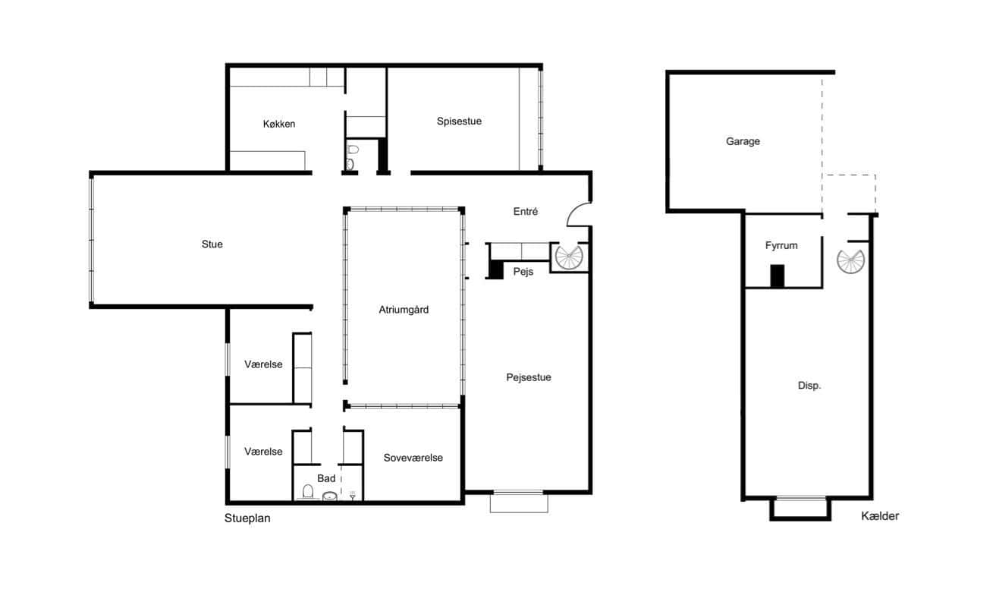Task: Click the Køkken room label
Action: (x=279, y=124)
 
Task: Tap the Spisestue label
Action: (x=459, y=121)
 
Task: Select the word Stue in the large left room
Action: (x=212, y=244)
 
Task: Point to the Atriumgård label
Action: (x=404, y=310)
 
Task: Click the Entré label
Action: (x=526, y=211)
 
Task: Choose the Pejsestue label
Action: (x=529, y=377)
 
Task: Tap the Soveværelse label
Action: (x=413, y=458)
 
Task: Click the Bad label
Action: (x=326, y=478)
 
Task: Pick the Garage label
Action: (x=743, y=141)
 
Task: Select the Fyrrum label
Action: (x=781, y=245)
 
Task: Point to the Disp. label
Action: (x=809, y=386)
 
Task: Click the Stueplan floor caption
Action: (x=247, y=518)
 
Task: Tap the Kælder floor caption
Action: (x=880, y=516)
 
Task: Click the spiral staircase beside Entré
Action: (x=569, y=257)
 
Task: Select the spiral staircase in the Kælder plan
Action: (x=850, y=261)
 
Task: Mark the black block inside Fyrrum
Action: (x=778, y=276)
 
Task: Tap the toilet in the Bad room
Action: (x=308, y=492)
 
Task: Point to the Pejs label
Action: (x=523, y=272)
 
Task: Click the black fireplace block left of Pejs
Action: (x=496, y=269)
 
